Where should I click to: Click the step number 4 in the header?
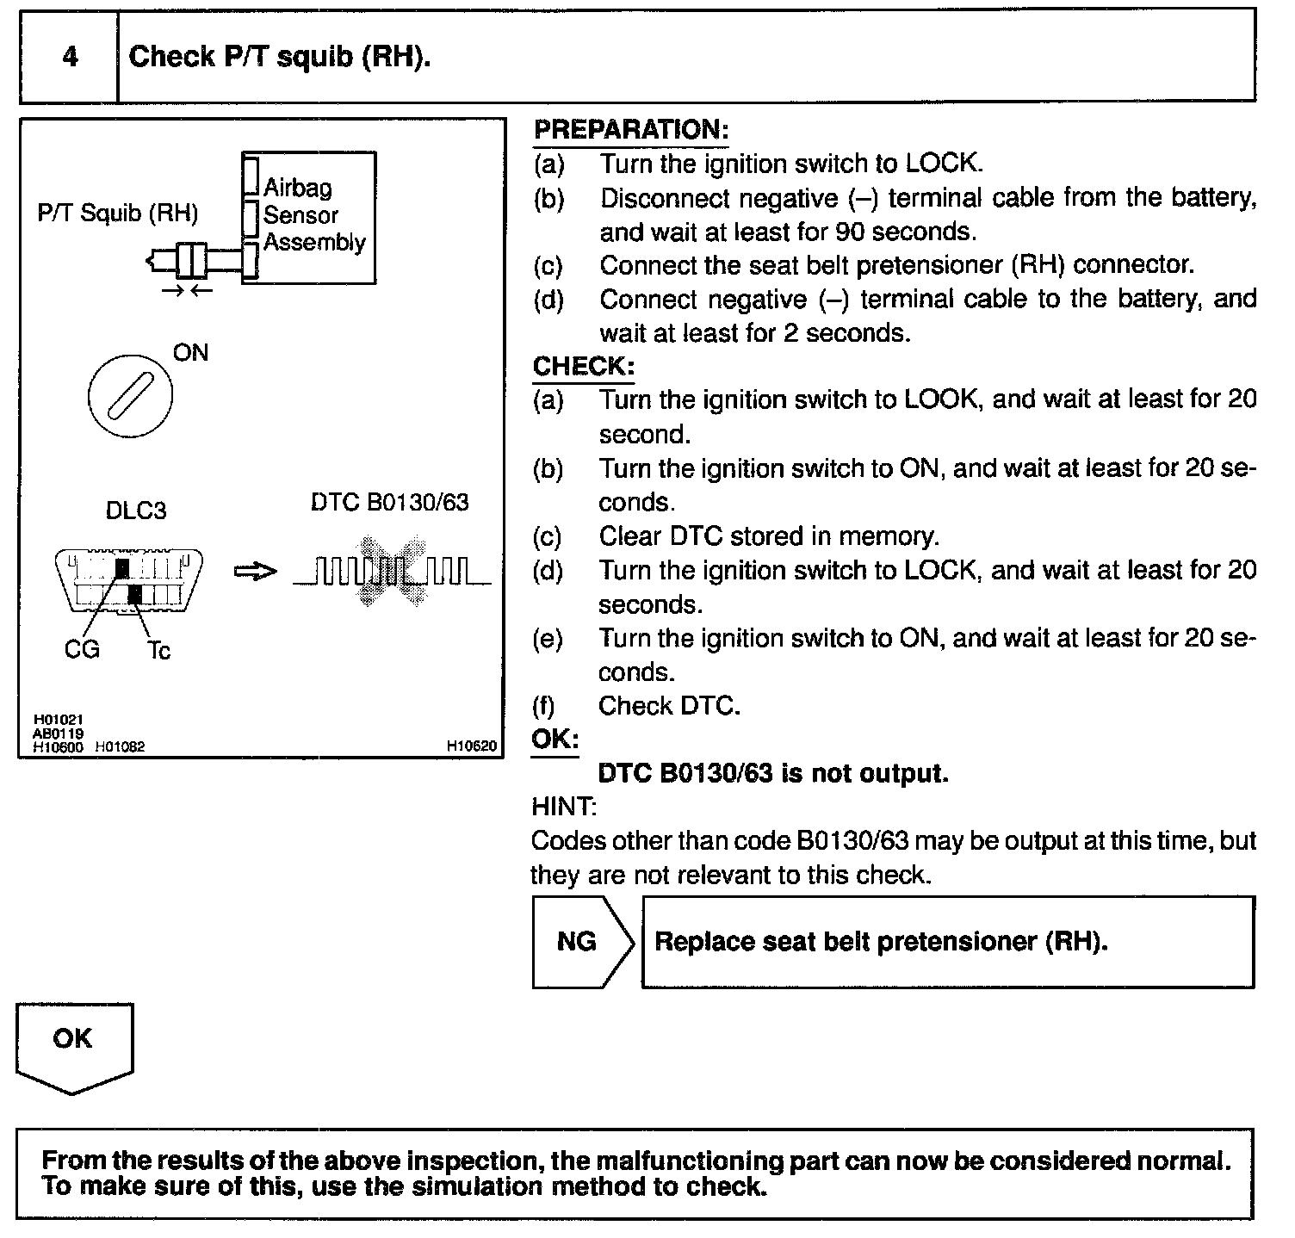coord(70,57)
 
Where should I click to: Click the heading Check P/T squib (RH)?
coord(279,57)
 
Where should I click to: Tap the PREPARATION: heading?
coord(631,130)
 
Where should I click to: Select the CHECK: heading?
coord(583,366)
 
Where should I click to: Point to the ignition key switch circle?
coord(130,396)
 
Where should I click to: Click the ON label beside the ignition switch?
coord(190,353)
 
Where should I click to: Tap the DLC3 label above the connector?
coord(135,511)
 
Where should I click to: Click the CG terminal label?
coord(82,649)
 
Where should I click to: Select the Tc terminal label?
coord(158,651)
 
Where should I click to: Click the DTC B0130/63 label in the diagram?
coord(389,502)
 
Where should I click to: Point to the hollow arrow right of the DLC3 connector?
coord(256,572)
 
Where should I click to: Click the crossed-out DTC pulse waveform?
coord(392,571)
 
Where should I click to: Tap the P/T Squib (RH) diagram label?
coord(118,213)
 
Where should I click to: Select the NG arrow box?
coord(581,941)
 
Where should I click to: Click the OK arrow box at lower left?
coord(73,1044)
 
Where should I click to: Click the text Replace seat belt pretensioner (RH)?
coord(881,941)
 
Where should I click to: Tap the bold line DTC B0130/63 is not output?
coord(772,773)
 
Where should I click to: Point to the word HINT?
coord(564,807)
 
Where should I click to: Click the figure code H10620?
coord(472,746)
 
